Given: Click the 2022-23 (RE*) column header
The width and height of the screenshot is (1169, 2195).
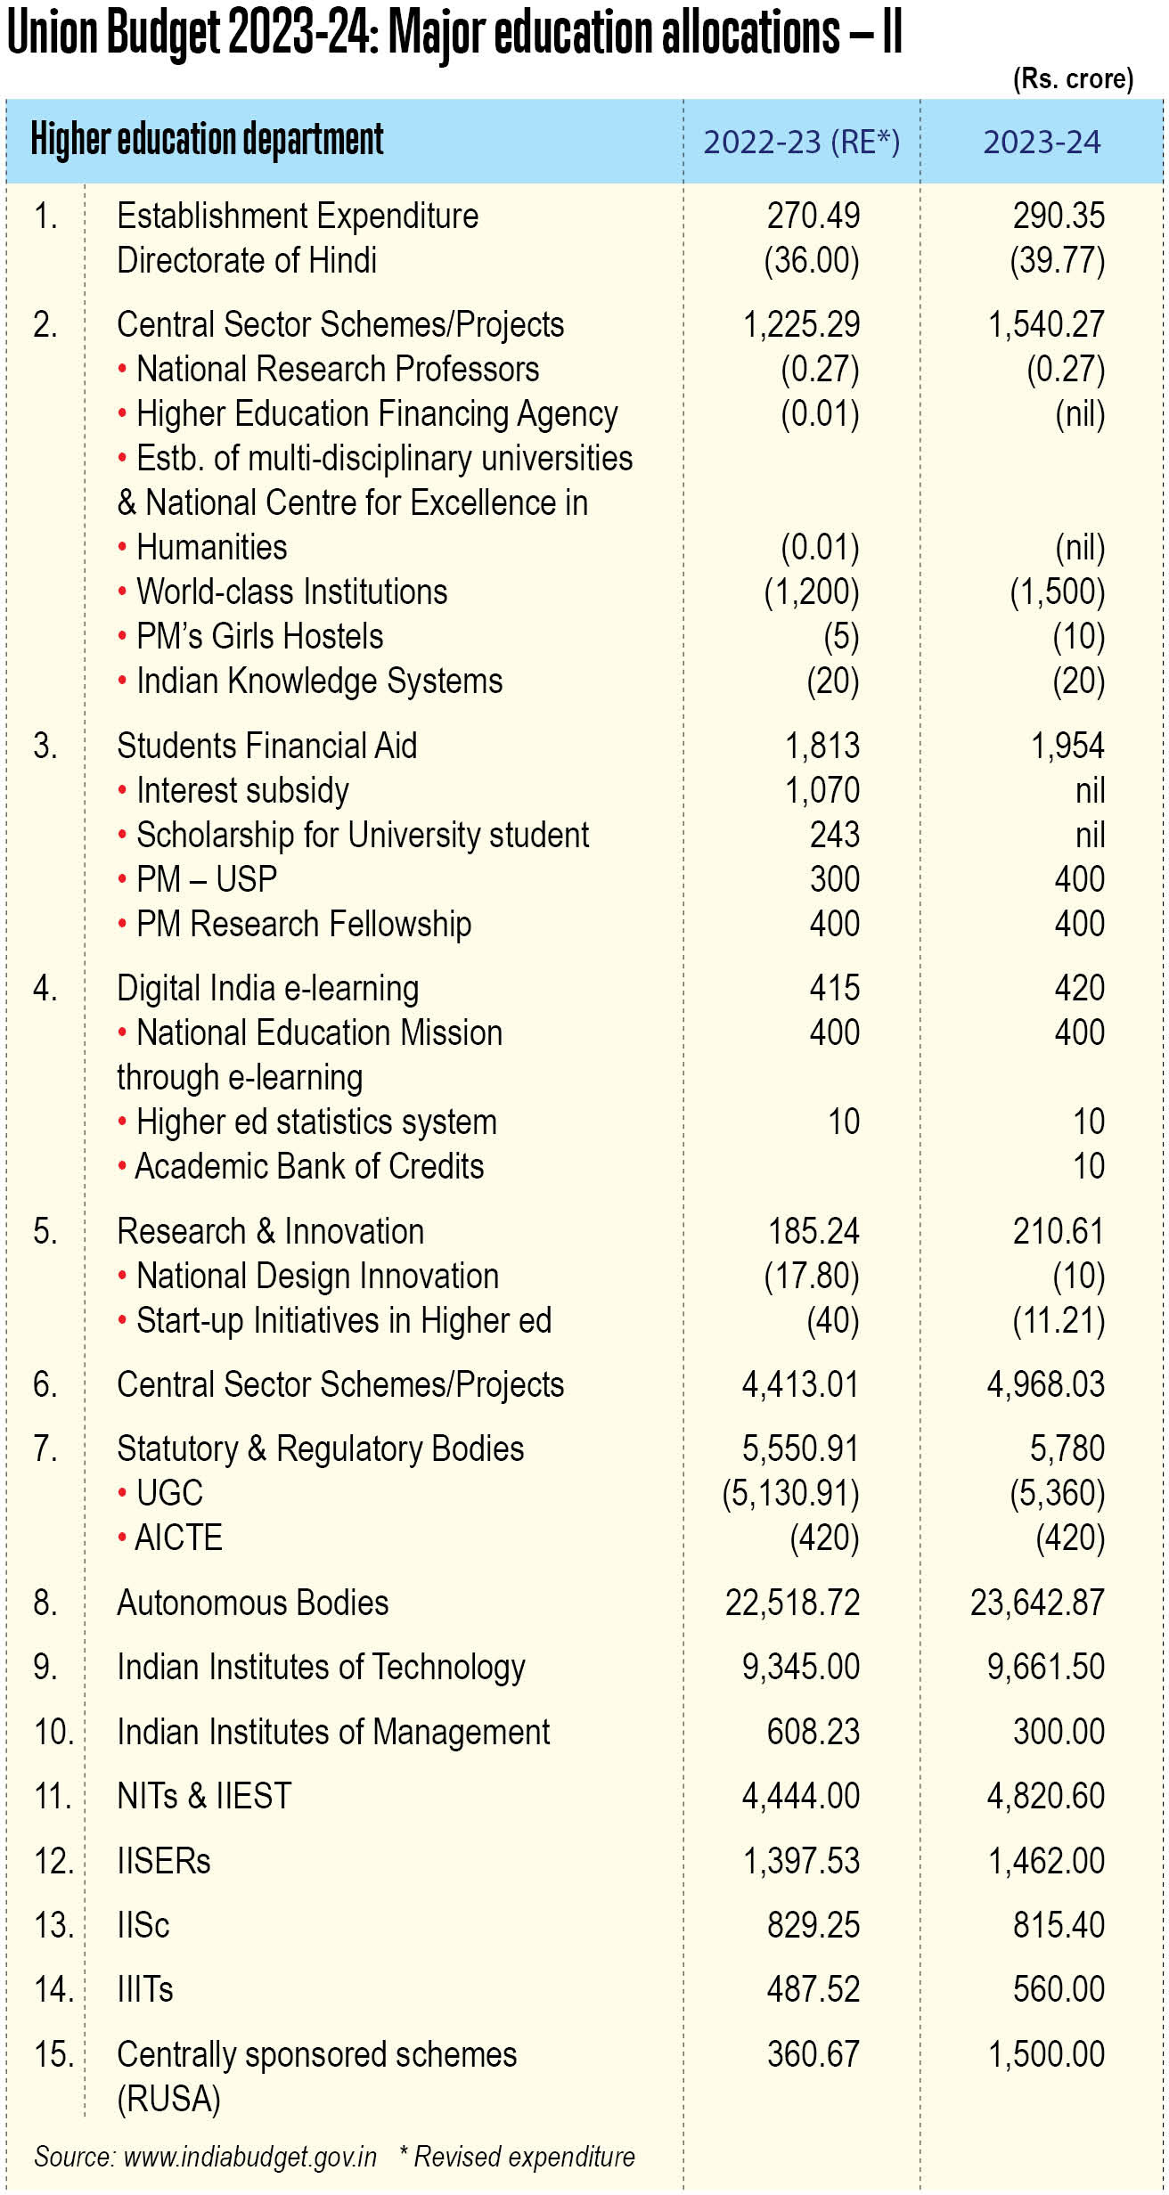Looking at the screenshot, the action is coord(802,143).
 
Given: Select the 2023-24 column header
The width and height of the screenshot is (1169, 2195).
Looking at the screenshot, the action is coord(1042,143).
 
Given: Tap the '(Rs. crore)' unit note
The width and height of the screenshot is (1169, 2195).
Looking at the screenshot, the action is coord(1073,79).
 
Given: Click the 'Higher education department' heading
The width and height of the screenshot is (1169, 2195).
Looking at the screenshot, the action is coord(207,140).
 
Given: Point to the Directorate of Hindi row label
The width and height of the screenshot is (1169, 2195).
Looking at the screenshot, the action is coord(247,260).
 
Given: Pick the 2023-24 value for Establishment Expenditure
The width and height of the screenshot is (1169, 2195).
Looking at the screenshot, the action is coord(1059,216).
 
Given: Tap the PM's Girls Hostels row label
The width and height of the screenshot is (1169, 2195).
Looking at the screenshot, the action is coord(250,636).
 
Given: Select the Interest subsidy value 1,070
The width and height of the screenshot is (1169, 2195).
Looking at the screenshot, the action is coord(822,790).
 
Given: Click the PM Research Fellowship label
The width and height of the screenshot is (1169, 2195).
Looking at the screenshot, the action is coord(295,925).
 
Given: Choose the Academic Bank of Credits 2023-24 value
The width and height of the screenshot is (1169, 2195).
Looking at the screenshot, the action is coord(1088,1166).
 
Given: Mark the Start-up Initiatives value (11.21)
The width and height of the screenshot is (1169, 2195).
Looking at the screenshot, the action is coord(1059,1320).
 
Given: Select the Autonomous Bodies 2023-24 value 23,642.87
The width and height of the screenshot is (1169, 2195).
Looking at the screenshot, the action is coord(1037,1603).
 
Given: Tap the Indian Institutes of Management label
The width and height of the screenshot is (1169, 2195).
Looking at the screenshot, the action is coord(333,1732).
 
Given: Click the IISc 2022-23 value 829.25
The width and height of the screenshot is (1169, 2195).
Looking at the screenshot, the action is coord(813,1925).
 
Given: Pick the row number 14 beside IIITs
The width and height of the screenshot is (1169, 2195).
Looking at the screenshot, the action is coord(53,1989).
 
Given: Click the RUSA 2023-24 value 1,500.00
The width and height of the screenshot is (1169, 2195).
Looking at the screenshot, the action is coord(1047,2054).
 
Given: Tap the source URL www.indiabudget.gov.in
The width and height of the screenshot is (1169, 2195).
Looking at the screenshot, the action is coord(250,2157).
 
